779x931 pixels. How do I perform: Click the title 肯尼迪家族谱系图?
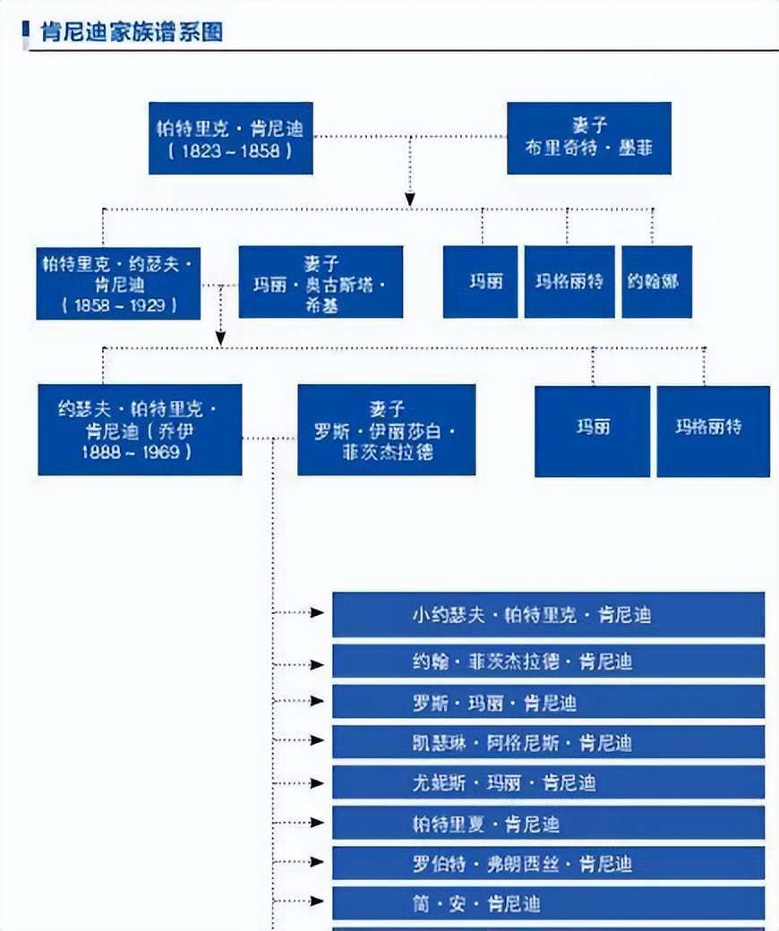click(x=132, y=33)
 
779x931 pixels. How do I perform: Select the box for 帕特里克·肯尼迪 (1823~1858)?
click(x=230, y=138)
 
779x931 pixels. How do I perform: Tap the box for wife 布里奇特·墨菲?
click(x=588, y=138)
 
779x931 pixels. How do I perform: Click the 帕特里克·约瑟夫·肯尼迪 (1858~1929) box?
click(x=118, y=282)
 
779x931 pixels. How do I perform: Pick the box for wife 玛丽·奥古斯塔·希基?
click(x=321, y=282)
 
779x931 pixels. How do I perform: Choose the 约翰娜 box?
click(x=656, y=282)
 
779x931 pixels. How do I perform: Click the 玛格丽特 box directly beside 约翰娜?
click(x=569, y=282)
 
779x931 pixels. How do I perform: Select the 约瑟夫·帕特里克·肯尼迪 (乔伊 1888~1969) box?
click(x=140, y=430)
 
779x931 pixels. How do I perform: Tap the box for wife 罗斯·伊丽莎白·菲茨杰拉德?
click(x=386, y=430)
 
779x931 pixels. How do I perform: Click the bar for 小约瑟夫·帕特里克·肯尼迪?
click(x=548, y=615)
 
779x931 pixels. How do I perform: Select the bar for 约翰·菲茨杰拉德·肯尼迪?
click(x=548, y=662)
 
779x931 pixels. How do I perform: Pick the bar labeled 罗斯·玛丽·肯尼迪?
click(x=548, y=702)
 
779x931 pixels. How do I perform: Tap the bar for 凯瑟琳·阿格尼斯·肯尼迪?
click(x=548, y=742)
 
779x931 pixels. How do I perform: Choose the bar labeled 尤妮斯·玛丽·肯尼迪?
click(x=548, y=782)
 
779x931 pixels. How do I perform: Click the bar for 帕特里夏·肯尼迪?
click(x=548, y=823)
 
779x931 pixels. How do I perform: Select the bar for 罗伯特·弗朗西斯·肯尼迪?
click(x=548, y=863)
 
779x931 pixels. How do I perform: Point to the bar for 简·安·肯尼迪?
click(x=548, y=903)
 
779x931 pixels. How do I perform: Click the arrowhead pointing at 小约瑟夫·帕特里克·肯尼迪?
click(x=316, y=613)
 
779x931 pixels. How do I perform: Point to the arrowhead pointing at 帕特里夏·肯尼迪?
click(x=316, y=823)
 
